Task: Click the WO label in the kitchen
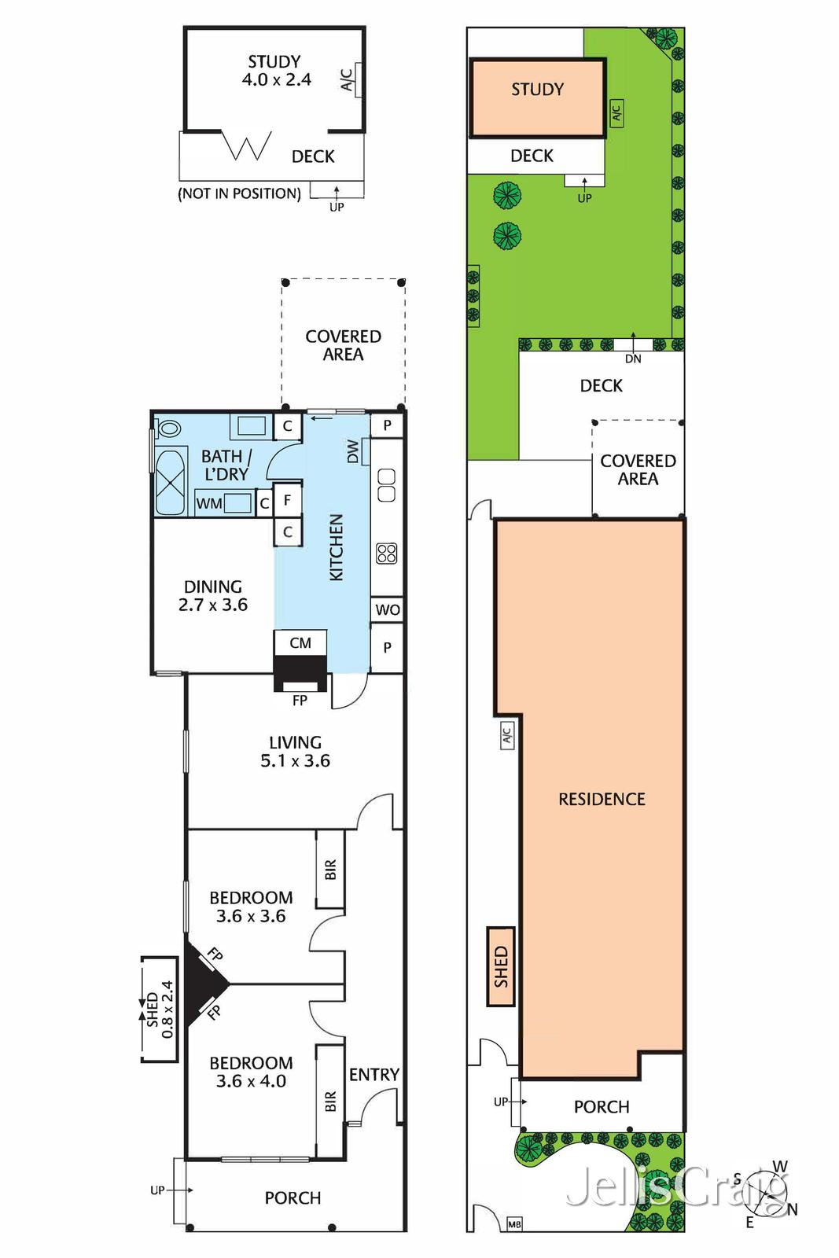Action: (387, 609)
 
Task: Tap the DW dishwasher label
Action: (354, 451)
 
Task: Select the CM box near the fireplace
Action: (300, 642)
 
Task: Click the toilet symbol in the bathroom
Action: (167, 429)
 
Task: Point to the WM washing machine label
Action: (209, 503)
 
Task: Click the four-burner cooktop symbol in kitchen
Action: (386, 553)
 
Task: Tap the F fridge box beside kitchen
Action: (288, 499)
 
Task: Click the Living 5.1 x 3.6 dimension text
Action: (295, 760)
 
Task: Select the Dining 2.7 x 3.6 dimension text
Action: (212, 605)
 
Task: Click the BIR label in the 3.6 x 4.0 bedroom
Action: (330, 1101)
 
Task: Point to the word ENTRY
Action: (374, 1074)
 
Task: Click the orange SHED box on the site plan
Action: (501, 966)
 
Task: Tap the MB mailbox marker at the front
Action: (514, 1224)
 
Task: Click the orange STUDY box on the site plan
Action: (538, 97)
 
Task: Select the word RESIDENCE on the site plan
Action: (602, 799)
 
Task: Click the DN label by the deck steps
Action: (633, 359)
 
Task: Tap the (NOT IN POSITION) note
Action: (239, 193)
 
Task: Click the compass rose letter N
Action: (792, 1209)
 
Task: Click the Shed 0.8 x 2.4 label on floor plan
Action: (160, 1009)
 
